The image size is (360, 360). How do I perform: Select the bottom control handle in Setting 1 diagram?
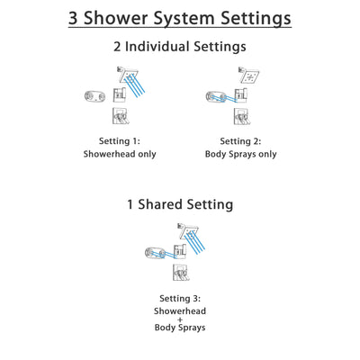[x=120, y=115]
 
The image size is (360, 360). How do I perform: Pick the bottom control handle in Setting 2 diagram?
[x=241, y=115]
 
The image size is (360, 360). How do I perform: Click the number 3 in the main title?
[x=75, y=17]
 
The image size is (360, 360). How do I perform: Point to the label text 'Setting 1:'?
[x=119, y=139]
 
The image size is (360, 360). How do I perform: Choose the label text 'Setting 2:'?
[x=240, y=139]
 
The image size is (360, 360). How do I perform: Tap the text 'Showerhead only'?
[x=119, y=154]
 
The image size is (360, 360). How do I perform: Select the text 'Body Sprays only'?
[x=240, y=154]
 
